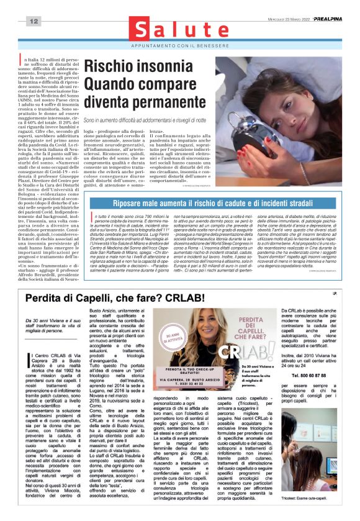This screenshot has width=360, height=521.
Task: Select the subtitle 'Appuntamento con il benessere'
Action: pos(179,46)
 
